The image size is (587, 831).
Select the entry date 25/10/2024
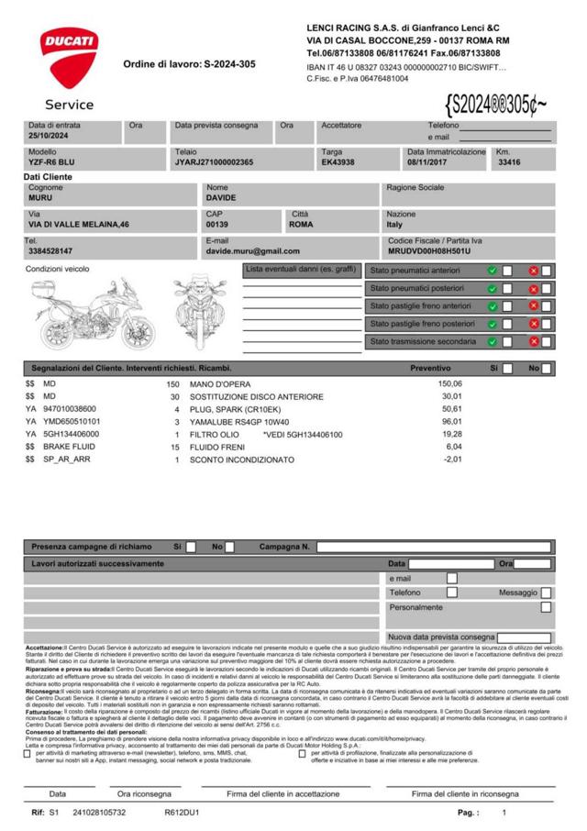tap(50, 136)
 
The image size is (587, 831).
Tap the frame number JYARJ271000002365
tap(214, 162)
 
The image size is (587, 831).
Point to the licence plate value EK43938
tap(338, 162)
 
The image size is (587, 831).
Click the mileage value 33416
tap(509, 162)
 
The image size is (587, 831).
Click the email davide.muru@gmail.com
tap(253, 250)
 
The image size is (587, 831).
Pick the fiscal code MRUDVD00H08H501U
tap(429, 250)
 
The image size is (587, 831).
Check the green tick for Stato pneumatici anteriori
tap(493, 271)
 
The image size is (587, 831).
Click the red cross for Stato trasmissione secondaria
tap(533, 341)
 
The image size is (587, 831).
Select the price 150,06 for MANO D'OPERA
tap(450, 384)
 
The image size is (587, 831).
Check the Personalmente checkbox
tap(546, 607)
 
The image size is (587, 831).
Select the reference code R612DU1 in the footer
tap(183, 813)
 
